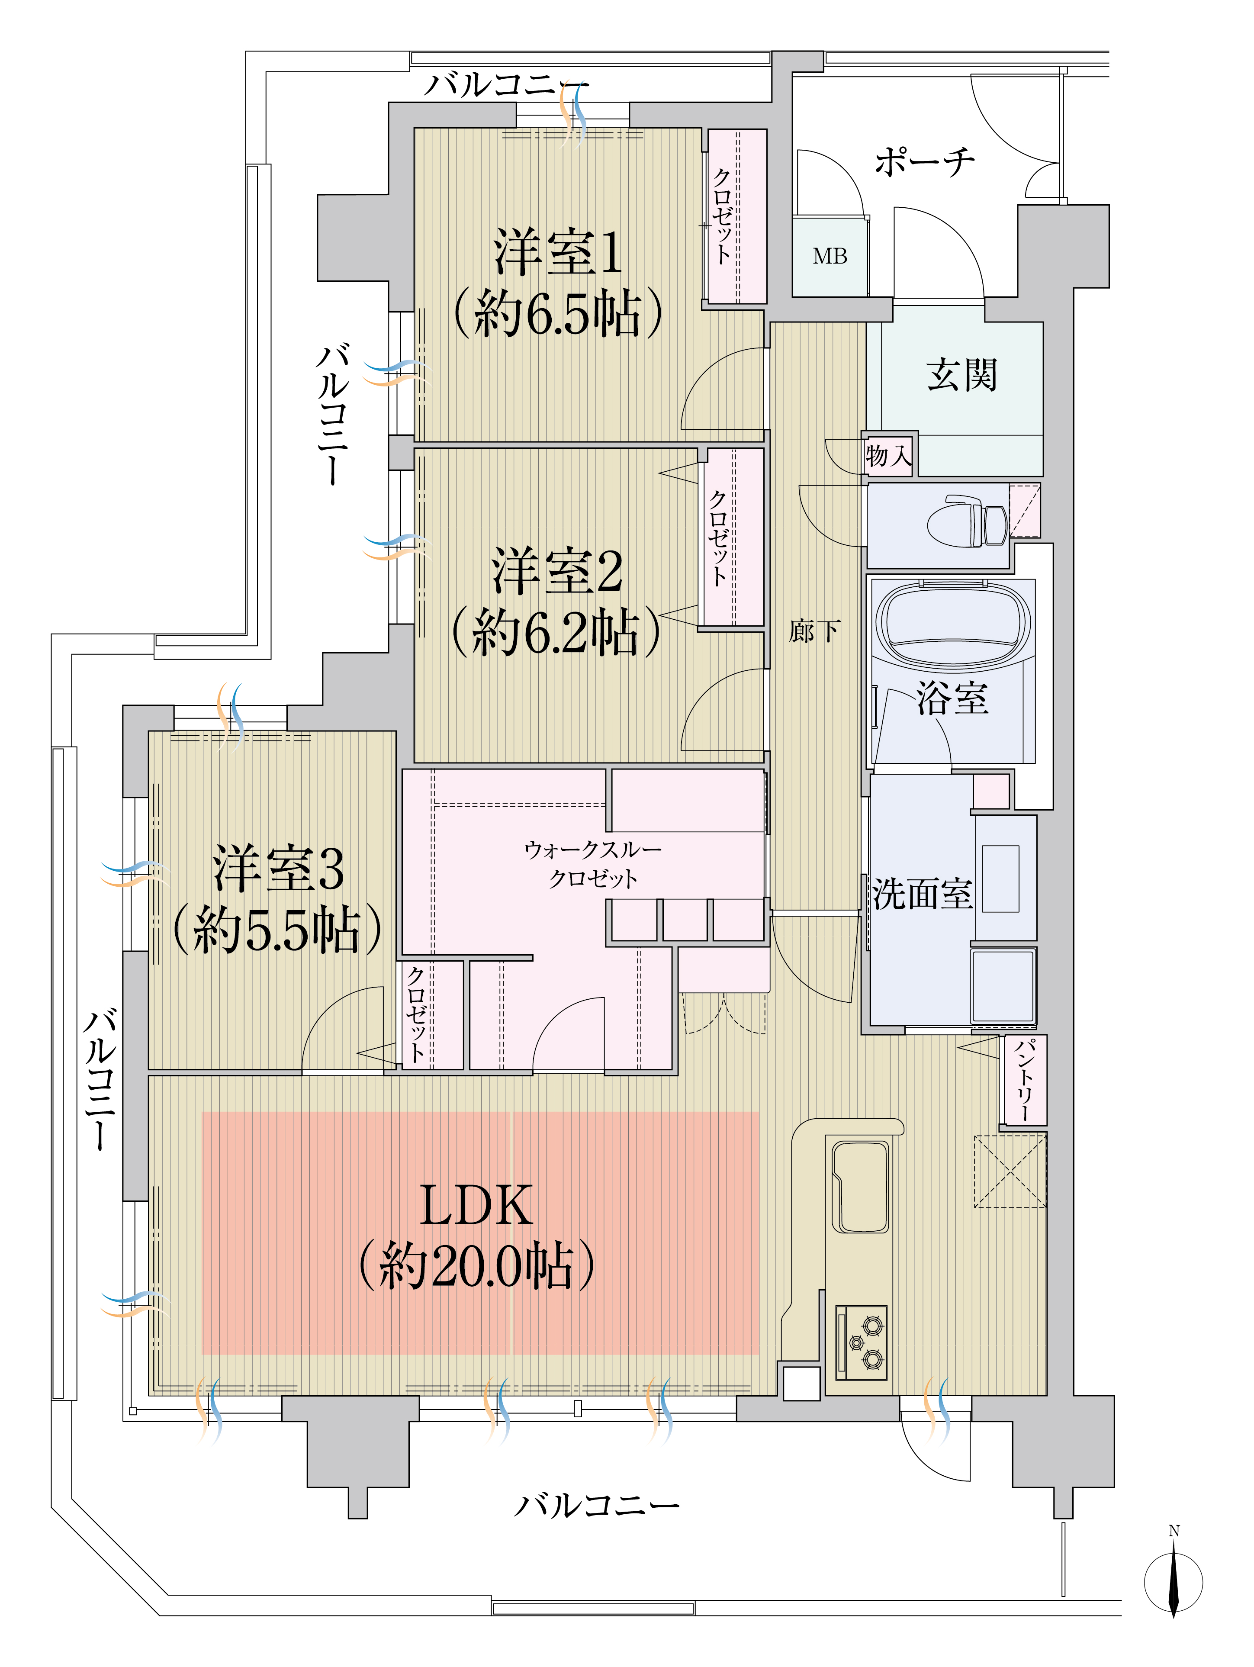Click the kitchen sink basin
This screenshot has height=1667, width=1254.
click(x=860, y=1187)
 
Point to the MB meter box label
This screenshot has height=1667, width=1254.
click(x=830, y=256)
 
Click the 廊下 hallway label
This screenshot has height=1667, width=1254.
click(x=814, y=631)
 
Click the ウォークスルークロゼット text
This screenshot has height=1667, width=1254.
click(x=593, y=864)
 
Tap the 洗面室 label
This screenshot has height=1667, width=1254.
click(x=923, y=894)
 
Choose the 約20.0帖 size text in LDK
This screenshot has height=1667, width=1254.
click(x=476, y=1266)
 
